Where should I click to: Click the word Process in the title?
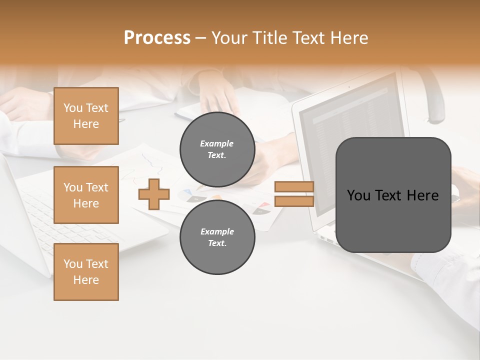pos(157,38)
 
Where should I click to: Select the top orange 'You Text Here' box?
pos(86,116)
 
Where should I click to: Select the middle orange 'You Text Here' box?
pos(86,195)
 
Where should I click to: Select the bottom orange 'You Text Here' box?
pos(86,272)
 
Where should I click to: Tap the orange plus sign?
pos(154,194)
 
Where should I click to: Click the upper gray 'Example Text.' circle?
pos(217,149)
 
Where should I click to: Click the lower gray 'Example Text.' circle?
pos(217,237)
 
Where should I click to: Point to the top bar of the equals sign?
pos(294,187)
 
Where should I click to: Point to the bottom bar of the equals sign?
pos(294,201)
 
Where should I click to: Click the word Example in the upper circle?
pos(217,144)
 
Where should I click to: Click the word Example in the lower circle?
pos(217,232)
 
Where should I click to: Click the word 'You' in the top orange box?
pos(72,108)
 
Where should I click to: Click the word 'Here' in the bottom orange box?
pos(86,280)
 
